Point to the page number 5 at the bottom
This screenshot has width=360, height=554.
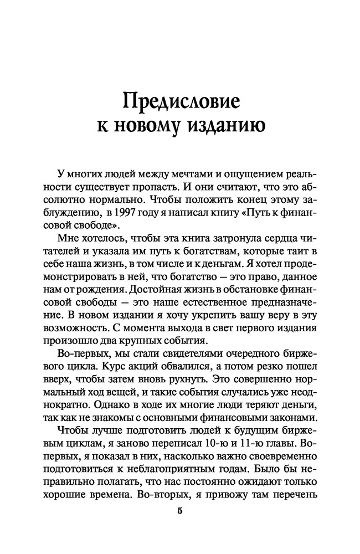coord(179,511)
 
